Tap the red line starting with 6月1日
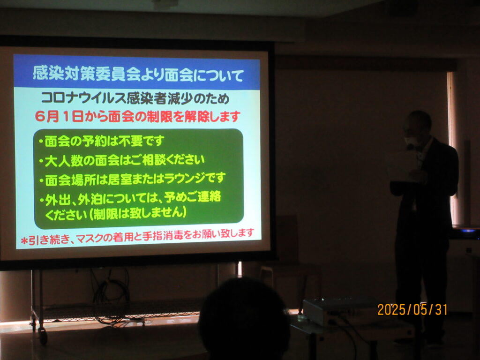click(x=137, y=117)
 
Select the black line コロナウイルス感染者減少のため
click(x=135, y=98)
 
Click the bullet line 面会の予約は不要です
click(x=101, y=142)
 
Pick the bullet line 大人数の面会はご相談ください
click(x=121, y=160)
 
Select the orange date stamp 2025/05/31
click(x=412, y=309)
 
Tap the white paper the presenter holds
click(x=402, y=165)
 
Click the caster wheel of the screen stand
click(x=43, y=335)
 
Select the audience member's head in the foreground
click(x=244, y=319)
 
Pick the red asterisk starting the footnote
click(x=24, y=241)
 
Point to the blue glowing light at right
click(x=468, y=230)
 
